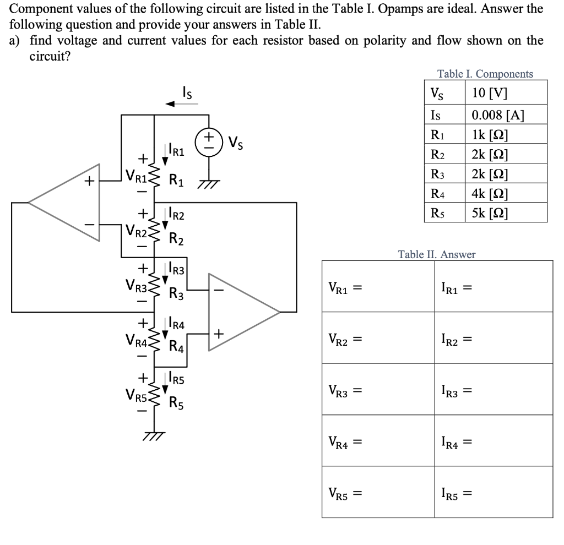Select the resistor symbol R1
tap(154, 176)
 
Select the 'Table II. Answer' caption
tap(437, 254)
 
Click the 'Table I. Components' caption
tap(485, 74)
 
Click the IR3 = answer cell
tap(493, 390)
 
